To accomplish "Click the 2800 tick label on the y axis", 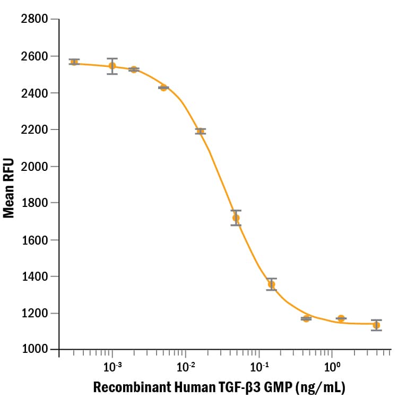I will [33, 20].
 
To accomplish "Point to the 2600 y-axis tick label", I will [33, 56].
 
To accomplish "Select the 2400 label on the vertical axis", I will [33, 93].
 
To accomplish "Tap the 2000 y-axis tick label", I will [33, 167].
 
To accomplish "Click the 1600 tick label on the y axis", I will [33, 240].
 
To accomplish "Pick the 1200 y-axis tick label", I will [33, 313].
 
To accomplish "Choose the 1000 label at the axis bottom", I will [33, 350].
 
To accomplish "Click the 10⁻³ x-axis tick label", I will [112, 366].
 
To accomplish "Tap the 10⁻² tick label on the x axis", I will [185, 366].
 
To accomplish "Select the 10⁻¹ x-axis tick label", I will [258, 366].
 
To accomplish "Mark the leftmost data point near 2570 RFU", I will [74, 62].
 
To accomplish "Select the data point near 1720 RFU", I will [236, 218].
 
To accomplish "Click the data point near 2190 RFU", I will [200, 131].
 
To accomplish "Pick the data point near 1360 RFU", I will [272, 284].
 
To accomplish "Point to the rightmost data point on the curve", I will [376, 325].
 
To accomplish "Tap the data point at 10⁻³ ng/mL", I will [112, 66].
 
